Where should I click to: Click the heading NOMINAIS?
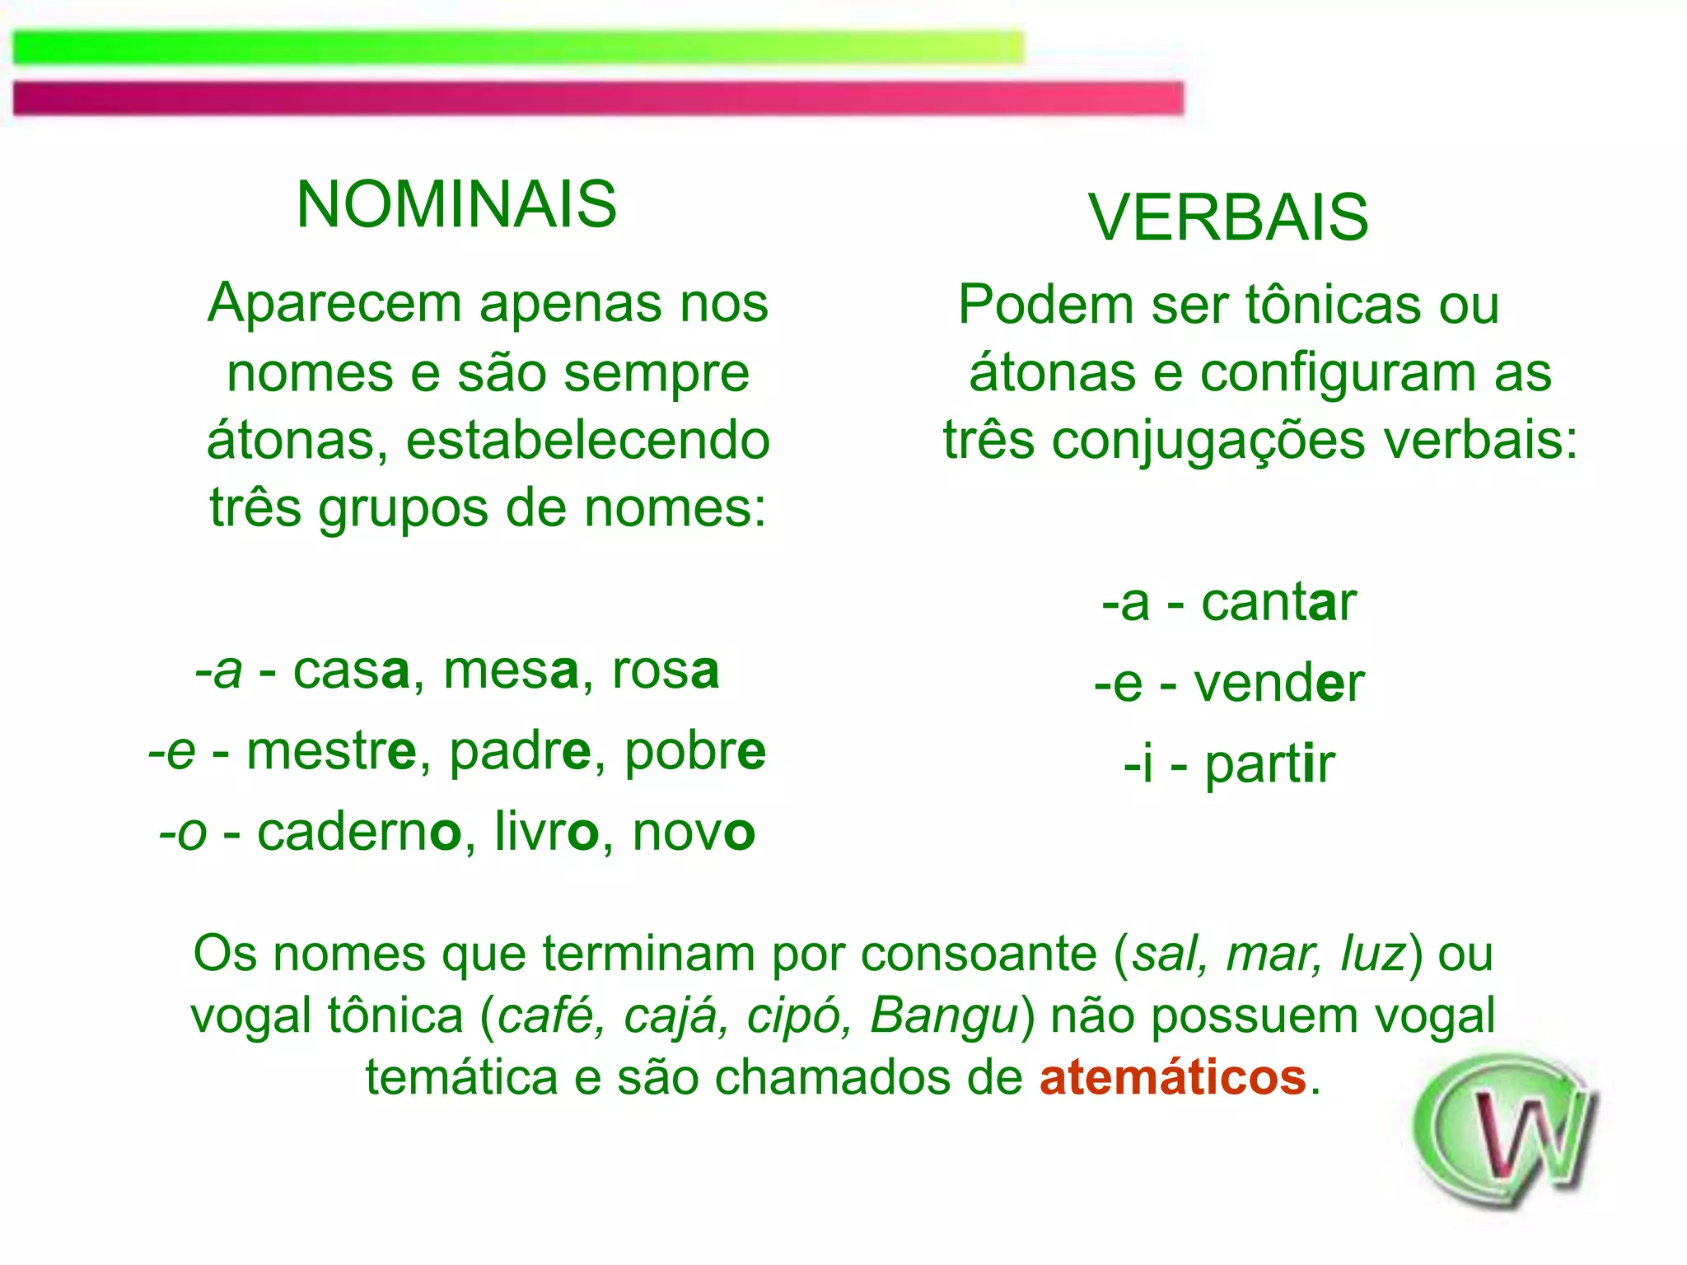[456, 204]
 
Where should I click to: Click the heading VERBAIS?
[1228, 217]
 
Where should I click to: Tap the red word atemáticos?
[1173, 1077]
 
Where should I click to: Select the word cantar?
[1278, 602]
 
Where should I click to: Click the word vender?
[1278, 684]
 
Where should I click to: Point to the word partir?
[1269, 764]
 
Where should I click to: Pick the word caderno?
[359, 832]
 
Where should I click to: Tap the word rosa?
[666, 670]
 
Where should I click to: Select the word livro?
[546, 832]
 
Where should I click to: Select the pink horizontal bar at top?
[598, 98]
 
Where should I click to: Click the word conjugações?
[1210, 441]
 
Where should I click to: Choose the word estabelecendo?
[588, 441]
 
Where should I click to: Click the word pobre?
[694, 751]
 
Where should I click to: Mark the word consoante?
[979, 955]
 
